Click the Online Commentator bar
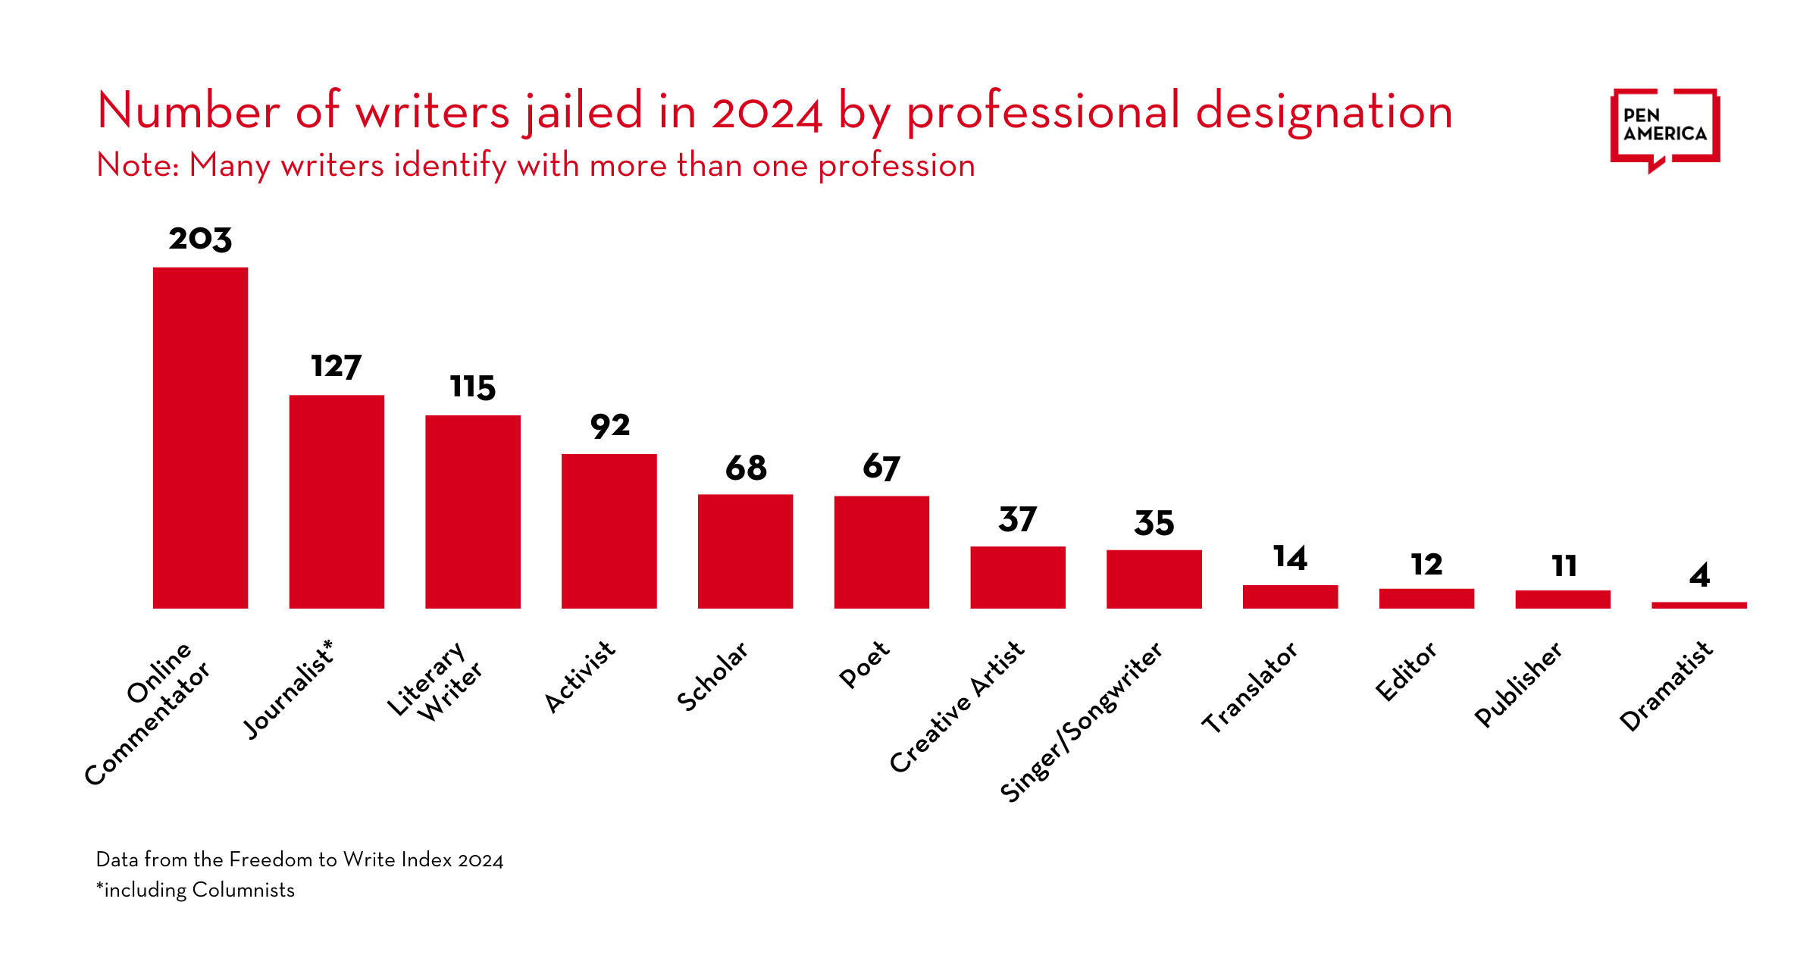[200, 438]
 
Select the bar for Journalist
[337, 502]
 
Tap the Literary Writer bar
[473, 512]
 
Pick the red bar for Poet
[881, 552]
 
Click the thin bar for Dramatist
[1699, 605]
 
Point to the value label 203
[200, 239]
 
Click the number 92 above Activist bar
[610, 426]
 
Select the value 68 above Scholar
[746, 468]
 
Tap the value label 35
[1154, 523]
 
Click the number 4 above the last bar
[1699, 575]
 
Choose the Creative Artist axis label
[956, 706]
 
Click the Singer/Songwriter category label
[1082, 722]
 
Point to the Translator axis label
[1250, 687]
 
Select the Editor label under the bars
[1406, 672]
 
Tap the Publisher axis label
[1518, 685]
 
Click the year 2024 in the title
[766, 112]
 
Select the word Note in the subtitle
[136, 165]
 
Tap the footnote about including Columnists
[196, 890]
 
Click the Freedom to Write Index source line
[299, 859]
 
